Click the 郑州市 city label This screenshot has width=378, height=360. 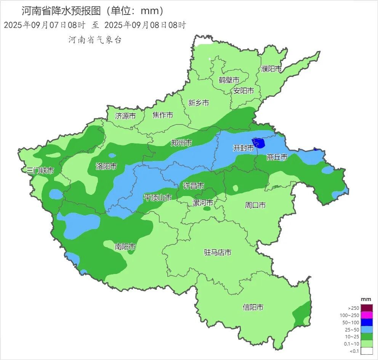[x=181, y=143]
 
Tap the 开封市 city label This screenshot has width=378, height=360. [x=243, y=148]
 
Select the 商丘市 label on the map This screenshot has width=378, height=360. [x=277, y=157]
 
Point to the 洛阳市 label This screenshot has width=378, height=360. [x=106, y=166]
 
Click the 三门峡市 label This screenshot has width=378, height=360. [x=40, y=170]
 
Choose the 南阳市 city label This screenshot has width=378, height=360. [x=125, y=247]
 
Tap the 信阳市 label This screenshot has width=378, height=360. [x=253, y=307]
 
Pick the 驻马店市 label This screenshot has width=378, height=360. [x=218, y=252]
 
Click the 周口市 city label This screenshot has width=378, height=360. [x=255, y=205]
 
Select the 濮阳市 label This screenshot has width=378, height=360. [x=271, y=69]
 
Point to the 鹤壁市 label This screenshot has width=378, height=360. [x=229, y=80]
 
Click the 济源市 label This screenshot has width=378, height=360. [x=125, y=116]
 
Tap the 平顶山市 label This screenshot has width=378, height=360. [x=157, y=197]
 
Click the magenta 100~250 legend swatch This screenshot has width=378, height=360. [x=367, y=315]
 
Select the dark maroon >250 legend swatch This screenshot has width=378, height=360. [x=367, y=308]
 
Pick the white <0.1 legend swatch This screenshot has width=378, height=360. [x=367, y=351]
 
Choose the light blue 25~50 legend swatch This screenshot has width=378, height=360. [x=367, y=330]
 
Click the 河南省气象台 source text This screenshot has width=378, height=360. [x=95, y=40]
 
